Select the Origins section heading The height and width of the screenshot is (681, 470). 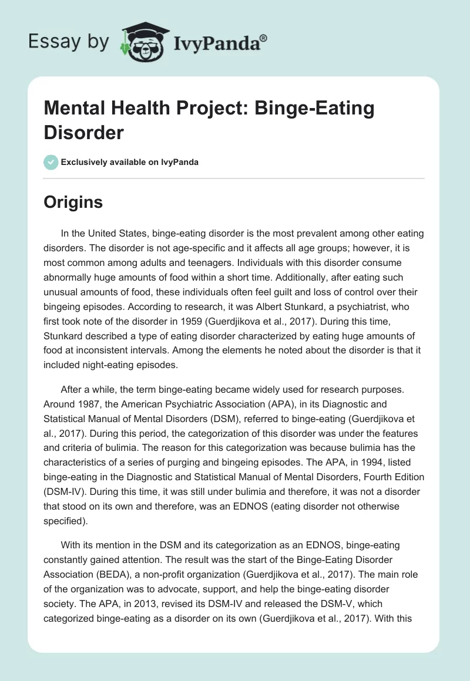tap(73, 203)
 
